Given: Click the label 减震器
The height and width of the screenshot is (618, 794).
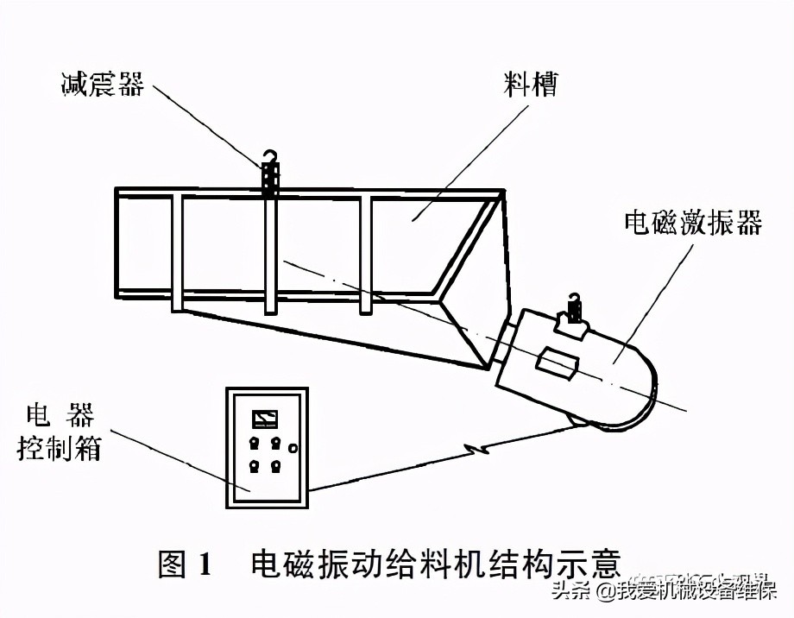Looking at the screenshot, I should coord(102,85).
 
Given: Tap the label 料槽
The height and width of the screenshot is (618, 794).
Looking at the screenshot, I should coord(530,85).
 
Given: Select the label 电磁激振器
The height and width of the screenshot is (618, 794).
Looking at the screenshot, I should coord(693,224).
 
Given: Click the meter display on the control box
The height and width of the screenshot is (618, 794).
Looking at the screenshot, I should coord(264,420).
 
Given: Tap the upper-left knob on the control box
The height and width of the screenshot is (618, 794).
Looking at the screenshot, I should coord(255,443).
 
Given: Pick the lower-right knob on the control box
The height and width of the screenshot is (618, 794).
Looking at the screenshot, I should coord(275,467).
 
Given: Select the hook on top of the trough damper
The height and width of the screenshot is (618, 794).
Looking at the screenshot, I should coord(270,157).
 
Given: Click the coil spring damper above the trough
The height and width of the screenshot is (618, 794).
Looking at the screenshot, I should coord(270,180).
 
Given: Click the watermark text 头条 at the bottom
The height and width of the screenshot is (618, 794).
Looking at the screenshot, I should coord(570,592).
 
